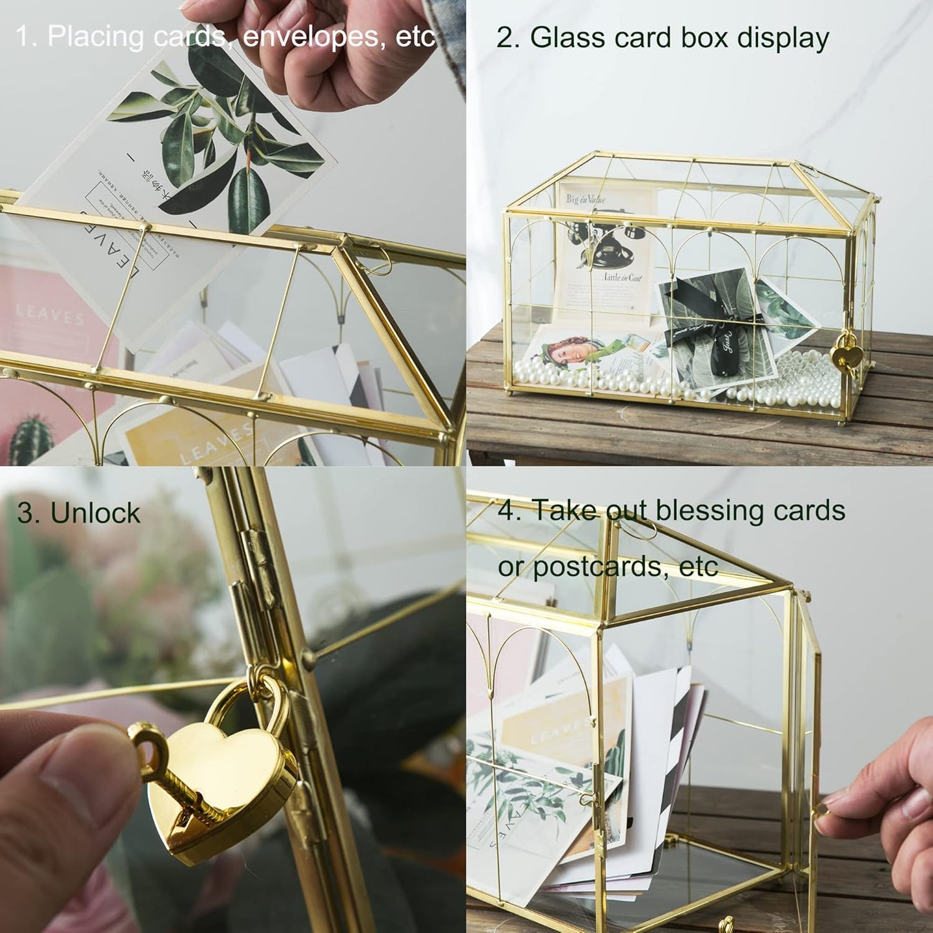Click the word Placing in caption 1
pos(95,37)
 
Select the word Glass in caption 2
pos(566,38)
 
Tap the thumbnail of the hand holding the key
pos(58,794)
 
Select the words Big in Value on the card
pos(586,199)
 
